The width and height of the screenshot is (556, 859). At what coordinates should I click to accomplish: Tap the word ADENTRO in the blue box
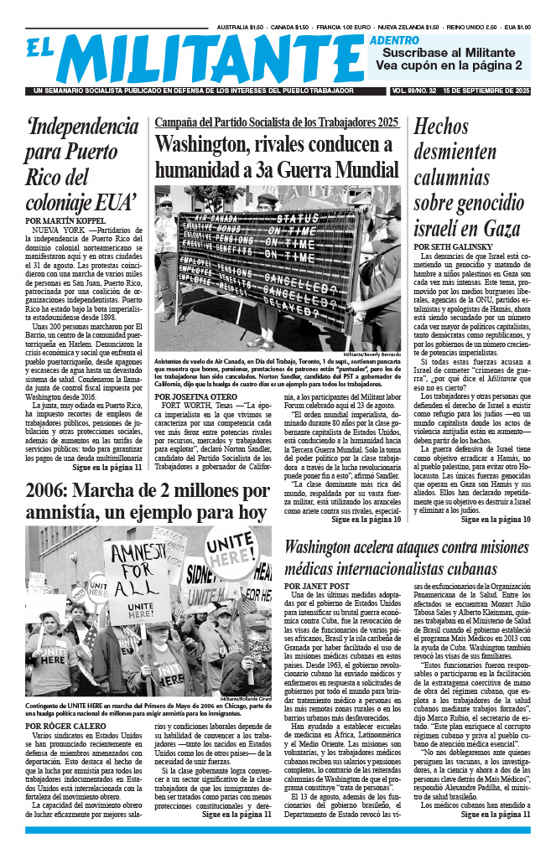(x=394, y=39)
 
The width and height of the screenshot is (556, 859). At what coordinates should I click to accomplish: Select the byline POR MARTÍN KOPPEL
(x=67, y=220)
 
